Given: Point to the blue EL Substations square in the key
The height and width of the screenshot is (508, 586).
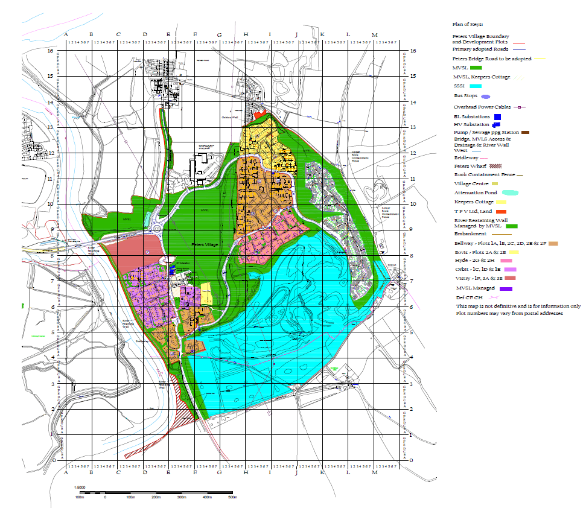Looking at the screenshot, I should (x=497, y=116).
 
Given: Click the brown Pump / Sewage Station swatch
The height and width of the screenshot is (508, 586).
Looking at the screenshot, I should (x=525, y=132).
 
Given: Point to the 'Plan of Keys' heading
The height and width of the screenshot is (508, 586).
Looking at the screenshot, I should (x=468, y=24).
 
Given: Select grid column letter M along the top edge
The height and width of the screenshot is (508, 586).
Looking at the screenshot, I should (x=375, y=34).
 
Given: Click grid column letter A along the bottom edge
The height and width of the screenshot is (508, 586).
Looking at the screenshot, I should (x=65, y=473).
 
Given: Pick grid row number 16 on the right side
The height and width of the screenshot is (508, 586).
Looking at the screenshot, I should (x=413, y=51).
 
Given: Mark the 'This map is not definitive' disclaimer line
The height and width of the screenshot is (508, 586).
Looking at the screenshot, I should (x=518, y=306).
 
